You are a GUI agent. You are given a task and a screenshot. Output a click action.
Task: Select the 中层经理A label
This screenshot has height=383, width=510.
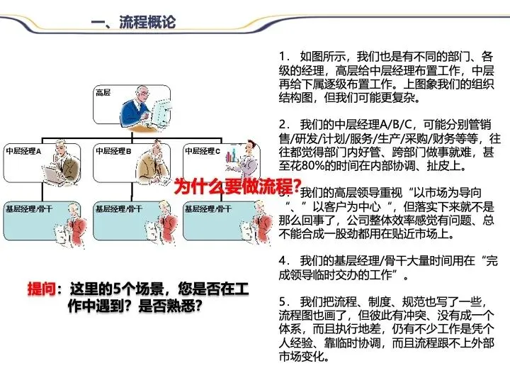pos(25,151)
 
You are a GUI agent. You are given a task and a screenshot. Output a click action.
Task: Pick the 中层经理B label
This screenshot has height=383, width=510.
pos(114,151)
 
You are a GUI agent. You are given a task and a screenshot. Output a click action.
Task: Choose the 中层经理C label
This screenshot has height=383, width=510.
pos(203,151)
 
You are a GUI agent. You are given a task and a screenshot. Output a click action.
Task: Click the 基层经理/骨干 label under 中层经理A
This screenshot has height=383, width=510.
pos(33,208)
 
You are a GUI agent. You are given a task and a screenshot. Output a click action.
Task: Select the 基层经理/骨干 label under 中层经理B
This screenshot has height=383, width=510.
pos(123,208)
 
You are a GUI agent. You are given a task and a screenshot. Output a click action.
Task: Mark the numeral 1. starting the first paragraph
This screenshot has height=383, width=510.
pos(283,55)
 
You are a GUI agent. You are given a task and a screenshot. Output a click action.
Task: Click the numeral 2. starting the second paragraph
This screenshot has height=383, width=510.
pos(283,123)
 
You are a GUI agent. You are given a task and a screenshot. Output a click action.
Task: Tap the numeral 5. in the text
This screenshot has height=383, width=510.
pos(283,301)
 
